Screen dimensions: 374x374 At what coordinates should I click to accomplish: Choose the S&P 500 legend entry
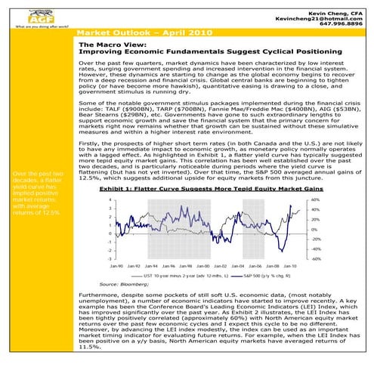pyautogui.click(x=261, y=277)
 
